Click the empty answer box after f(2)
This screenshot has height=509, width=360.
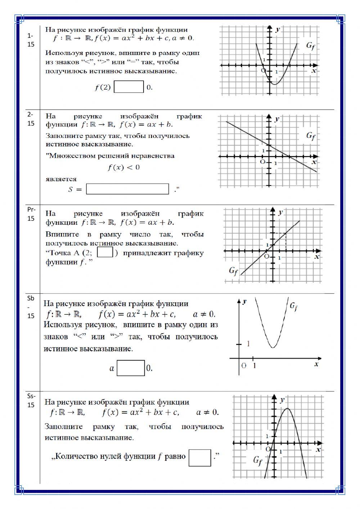click(129, 87)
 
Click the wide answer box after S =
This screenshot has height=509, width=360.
click(127, 189)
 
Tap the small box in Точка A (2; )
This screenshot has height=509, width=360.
click(105, 252)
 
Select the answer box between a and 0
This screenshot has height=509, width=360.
click(131, 368)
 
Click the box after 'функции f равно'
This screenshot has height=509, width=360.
click(199, 457)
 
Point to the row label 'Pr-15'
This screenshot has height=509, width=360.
click(31, 214)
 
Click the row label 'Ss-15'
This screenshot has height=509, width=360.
click(31, 400)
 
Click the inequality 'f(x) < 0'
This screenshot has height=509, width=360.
click(123, 168)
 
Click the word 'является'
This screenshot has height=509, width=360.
click(61, 179)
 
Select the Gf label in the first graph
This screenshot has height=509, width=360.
click(311, 45)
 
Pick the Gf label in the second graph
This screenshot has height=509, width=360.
click(311, 136)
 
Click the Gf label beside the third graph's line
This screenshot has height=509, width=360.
click(234, 271)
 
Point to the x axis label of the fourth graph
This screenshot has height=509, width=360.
click(316, 364)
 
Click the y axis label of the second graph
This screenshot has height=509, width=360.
click(277, 119)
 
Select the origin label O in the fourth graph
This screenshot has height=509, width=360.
click(244, 366)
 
